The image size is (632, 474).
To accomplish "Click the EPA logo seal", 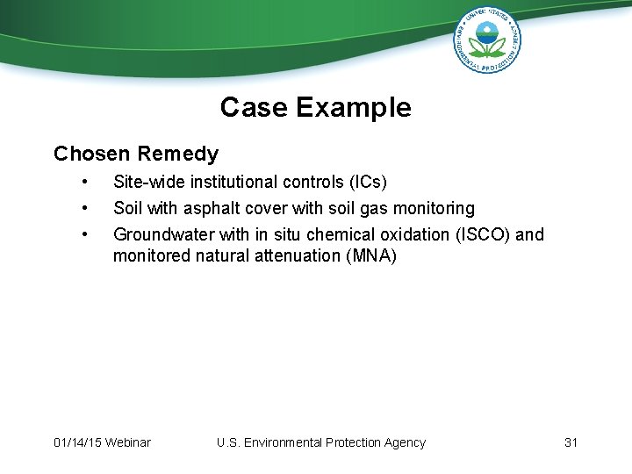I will click(487, 39).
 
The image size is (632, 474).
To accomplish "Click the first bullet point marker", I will click(84, 182).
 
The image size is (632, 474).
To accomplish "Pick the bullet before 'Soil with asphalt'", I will click(84, 208).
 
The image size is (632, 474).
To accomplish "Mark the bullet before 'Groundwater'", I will click(84, 234).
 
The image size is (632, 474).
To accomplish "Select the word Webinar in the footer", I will click(127, 442).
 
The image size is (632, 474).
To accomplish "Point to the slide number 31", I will click(571, 442).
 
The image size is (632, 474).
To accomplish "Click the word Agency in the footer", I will click(404, 442).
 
